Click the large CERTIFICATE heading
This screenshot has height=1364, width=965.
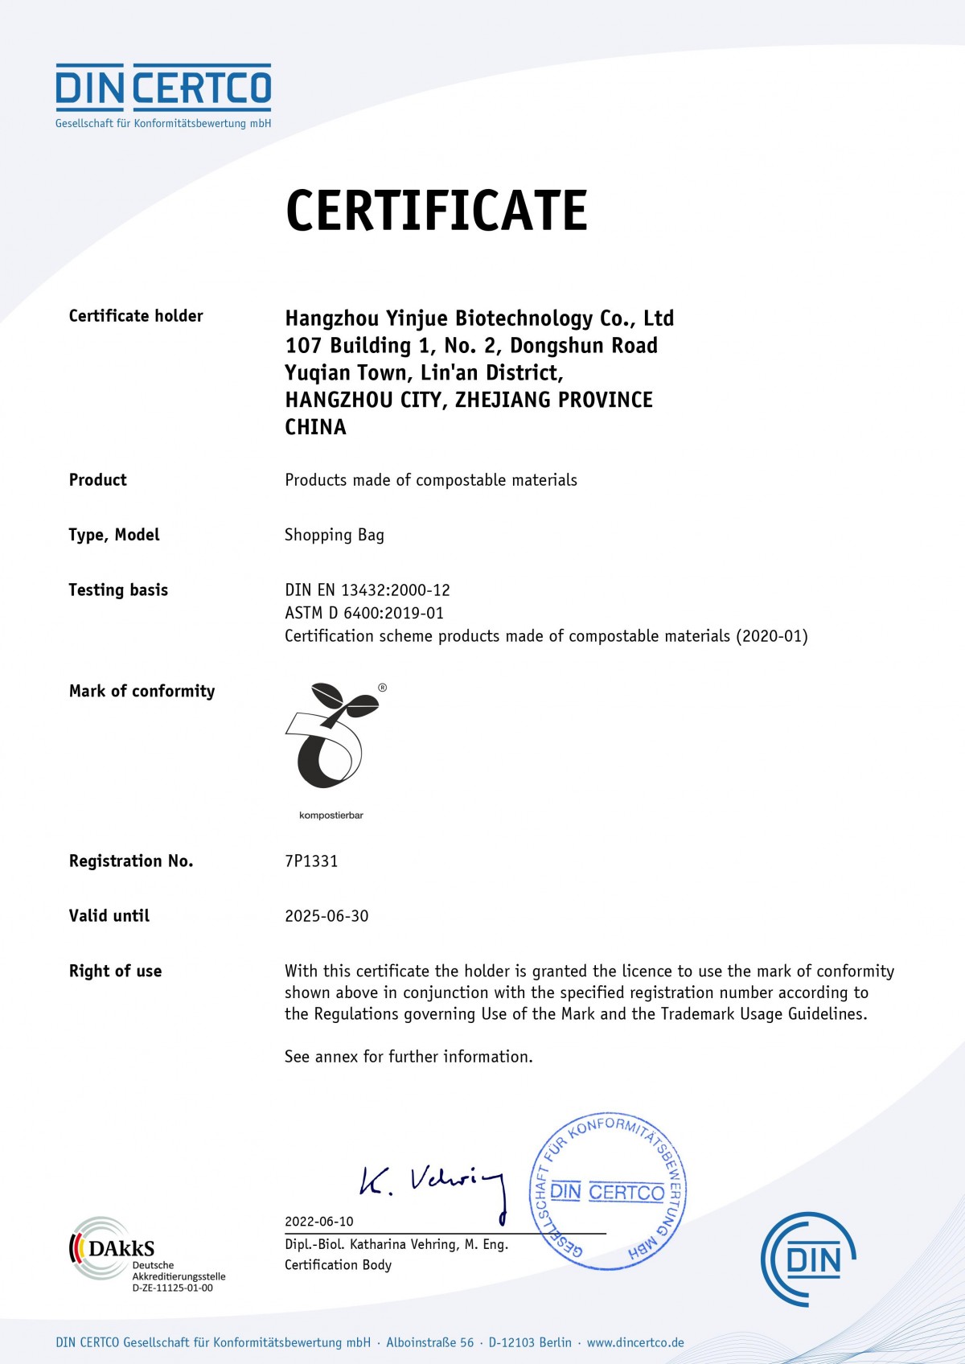point(437,211)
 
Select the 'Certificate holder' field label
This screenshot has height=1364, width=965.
point(136,316)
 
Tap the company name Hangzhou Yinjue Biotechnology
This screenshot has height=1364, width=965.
point(479,318)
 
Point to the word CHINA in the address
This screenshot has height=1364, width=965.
point(315,427)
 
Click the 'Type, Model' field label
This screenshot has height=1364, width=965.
point(114,535)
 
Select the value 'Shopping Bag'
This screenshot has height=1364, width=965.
point(335,536)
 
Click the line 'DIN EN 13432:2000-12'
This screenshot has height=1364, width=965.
point(368,590)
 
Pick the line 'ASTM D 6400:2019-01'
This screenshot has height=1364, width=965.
point(364,613)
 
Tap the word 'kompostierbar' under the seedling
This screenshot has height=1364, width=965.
point(331,816)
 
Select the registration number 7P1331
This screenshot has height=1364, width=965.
point(311,861)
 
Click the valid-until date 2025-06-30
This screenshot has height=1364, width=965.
point(326,916)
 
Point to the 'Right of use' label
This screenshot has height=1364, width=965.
point(115,972)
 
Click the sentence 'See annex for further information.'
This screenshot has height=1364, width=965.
point(409,1057)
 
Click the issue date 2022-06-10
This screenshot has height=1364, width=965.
point(319,1221)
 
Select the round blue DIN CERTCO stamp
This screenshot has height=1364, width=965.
point(608,1192)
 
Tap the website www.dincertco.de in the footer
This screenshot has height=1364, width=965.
point(635,1342)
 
